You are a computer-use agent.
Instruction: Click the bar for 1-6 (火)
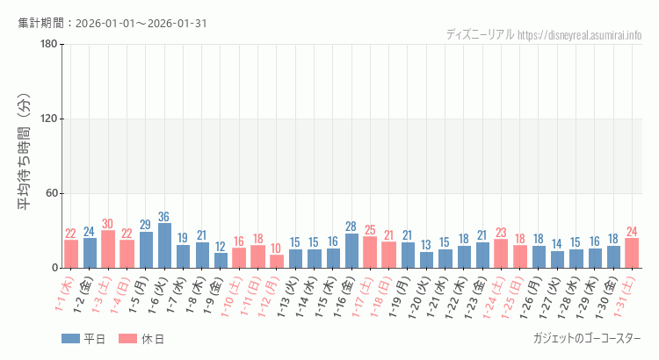pos(164,246)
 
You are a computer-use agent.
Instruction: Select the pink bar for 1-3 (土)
pos(108,249)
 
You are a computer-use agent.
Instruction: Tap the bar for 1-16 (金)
pos(351,251)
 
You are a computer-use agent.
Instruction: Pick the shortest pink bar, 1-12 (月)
pos(277,262)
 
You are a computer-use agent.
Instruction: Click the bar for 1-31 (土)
pos(632,253)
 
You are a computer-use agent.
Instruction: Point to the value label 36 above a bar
pos(164,217)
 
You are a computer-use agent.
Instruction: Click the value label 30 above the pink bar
pos(108,224)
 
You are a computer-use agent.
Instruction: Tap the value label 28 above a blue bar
pos(351,227)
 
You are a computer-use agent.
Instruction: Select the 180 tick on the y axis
pos(49,45)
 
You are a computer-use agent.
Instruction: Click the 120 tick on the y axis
pos(49,119)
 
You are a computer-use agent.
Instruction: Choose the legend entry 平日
pos(83,339)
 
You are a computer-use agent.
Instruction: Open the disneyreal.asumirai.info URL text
pos(580,35)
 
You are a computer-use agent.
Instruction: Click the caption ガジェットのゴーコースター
pos(587,338)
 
